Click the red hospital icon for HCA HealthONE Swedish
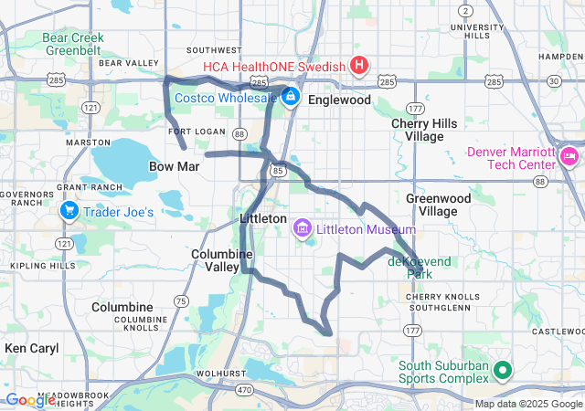359,66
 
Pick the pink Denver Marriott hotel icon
569,156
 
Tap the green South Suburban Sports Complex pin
501,371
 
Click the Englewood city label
339,100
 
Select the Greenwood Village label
438,205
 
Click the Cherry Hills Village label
417,130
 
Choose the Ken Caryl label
31,348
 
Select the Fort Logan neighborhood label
197,132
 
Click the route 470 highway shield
244,390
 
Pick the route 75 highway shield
181,301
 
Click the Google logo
30,400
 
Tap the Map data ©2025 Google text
527,404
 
